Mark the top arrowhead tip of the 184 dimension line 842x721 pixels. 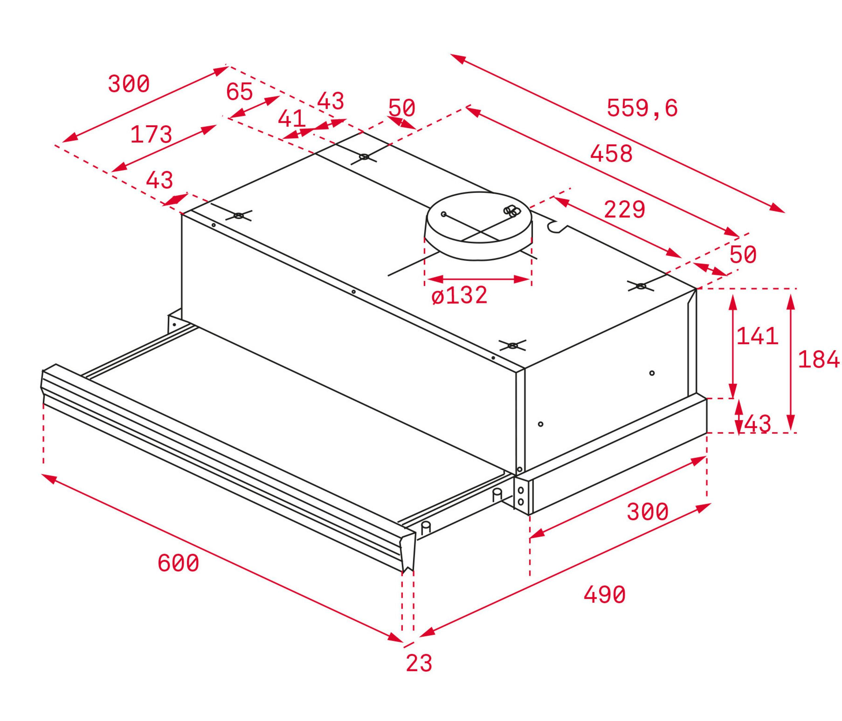click(791, 294)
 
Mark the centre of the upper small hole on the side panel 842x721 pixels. click(652, 373)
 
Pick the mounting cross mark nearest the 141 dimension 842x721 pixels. click(641, 286)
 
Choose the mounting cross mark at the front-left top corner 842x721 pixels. click(238, 216)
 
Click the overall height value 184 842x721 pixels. click(818, 359)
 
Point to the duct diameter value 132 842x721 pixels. click(466, 295)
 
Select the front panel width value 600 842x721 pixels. click(178, 563)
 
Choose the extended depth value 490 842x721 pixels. click(604, 595)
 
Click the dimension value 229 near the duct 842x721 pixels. click(625, 209)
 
